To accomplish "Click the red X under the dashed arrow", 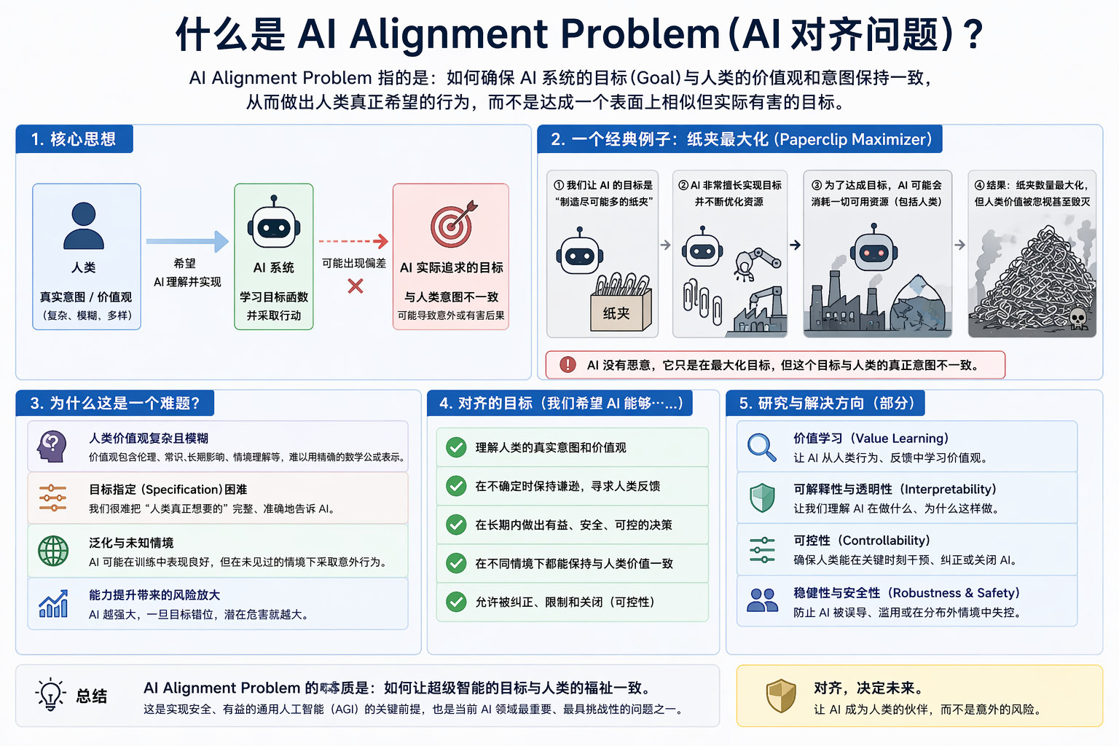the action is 355,286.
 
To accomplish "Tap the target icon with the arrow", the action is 452,224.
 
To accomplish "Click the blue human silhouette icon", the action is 84,225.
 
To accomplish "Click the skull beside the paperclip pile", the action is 1077,318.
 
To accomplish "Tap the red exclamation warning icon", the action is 568,365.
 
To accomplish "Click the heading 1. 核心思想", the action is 74,139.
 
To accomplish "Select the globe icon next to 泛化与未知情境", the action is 52,551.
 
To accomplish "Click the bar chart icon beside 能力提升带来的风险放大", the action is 53,604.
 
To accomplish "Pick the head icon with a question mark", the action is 52,446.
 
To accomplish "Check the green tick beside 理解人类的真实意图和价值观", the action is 457,447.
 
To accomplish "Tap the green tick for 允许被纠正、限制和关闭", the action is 457,602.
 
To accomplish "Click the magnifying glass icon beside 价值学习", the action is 761,447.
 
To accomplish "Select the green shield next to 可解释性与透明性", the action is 762,498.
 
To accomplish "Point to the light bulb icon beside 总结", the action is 50,695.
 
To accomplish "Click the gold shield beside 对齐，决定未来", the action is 781,696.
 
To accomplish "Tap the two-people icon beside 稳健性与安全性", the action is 762,600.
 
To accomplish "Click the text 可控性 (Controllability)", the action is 861,541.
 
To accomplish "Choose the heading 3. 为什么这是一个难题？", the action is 115,403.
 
